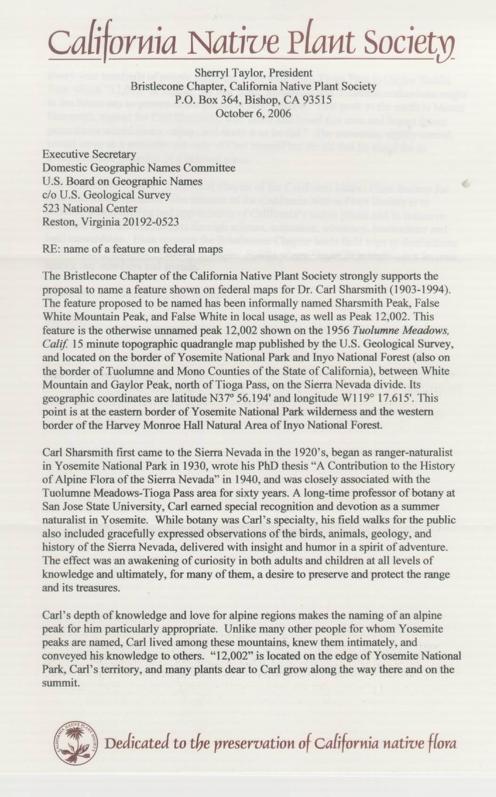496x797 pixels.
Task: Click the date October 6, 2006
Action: pos(253,113)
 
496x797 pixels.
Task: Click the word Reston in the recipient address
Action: pos(58,221)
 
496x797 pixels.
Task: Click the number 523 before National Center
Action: pos(51,208)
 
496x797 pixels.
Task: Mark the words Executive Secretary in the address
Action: pos(89,154)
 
